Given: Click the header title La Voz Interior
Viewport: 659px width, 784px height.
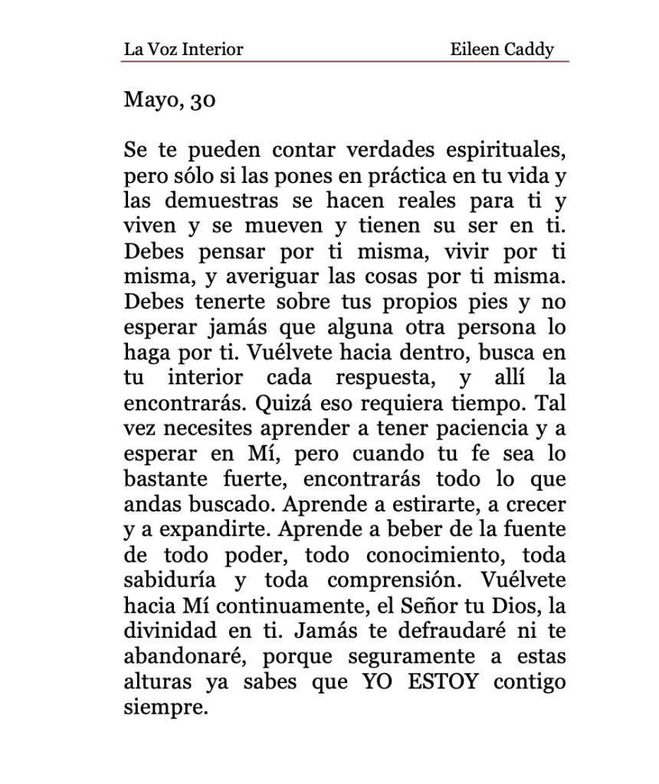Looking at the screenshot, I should [183, 50].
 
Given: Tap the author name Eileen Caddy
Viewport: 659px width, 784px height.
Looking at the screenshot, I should [502, 50].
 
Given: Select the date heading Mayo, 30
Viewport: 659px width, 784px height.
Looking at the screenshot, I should [169, 100].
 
